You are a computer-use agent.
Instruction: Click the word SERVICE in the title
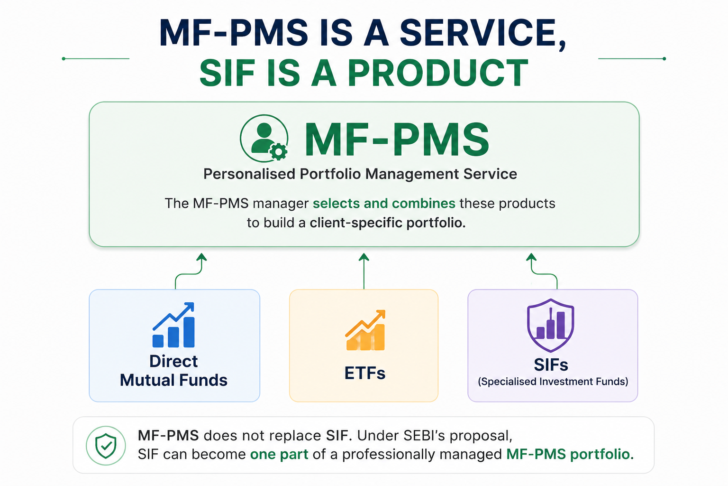483,33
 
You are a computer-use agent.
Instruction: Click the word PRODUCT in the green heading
438,73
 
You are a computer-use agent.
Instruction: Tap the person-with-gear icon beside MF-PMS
264,138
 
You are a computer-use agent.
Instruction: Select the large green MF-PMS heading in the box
397,140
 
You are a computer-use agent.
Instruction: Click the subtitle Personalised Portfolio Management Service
360,174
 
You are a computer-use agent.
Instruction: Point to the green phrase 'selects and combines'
384,204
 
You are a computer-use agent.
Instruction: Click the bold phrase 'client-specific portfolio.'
387,223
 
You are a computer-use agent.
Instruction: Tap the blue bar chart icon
173,325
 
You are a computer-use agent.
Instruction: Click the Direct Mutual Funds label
173,371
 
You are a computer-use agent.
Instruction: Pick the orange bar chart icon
365,330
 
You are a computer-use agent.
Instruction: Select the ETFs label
364,373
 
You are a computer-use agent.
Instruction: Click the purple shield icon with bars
551,325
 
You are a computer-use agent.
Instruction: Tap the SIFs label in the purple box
551,364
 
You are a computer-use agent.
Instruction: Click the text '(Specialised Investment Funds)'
553,382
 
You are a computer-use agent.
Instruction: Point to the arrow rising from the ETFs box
364,271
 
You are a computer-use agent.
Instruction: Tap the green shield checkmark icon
106,446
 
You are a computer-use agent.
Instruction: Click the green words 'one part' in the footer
279,454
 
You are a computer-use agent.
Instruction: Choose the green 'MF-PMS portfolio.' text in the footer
570,454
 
